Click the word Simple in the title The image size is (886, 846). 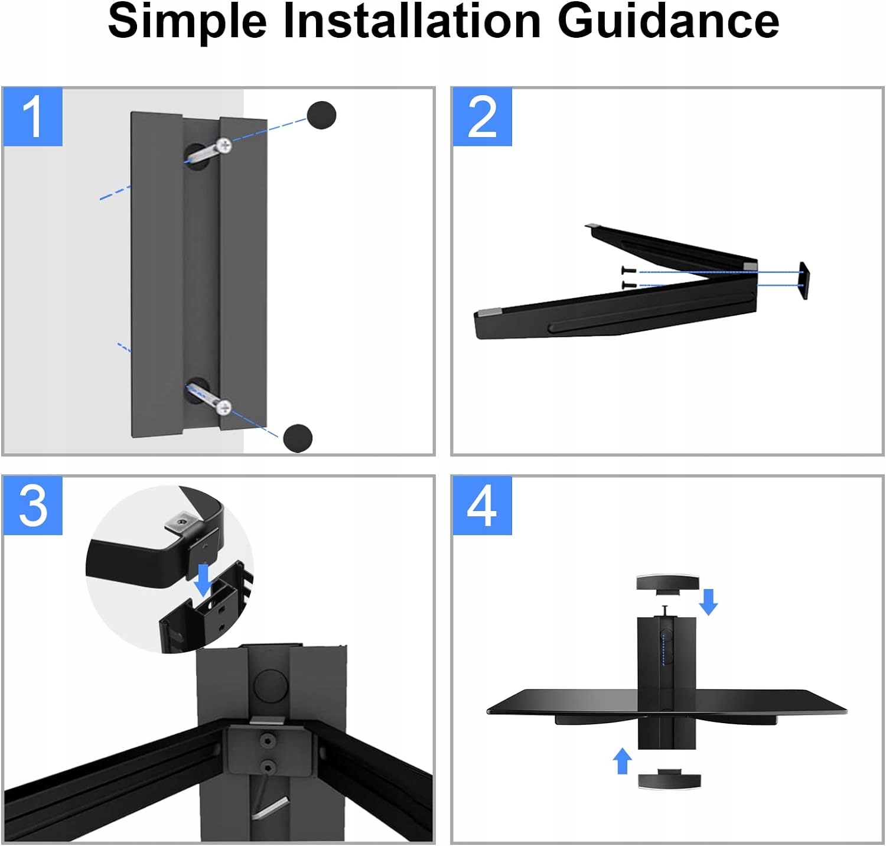tap(187, 22)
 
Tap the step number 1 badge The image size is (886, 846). tap(33, 117)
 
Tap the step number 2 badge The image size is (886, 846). tap(482, 117)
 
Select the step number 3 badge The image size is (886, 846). tap(33, 506)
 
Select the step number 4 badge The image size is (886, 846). tap(482, 506)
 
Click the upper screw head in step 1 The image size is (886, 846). tap(224, 144)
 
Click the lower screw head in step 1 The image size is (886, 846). tap(223, 406)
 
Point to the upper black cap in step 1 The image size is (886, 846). tap(321, 115)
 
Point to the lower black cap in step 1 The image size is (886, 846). tap(298, 438)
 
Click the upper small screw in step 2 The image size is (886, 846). tap(629, 271)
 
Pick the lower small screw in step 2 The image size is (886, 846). tap(629, 285)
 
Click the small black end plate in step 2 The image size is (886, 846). tap(804, 281)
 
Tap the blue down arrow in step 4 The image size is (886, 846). tap(708, 601)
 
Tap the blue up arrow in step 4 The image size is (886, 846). tap(622, 761)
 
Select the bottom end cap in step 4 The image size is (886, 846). tap(669, 778)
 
